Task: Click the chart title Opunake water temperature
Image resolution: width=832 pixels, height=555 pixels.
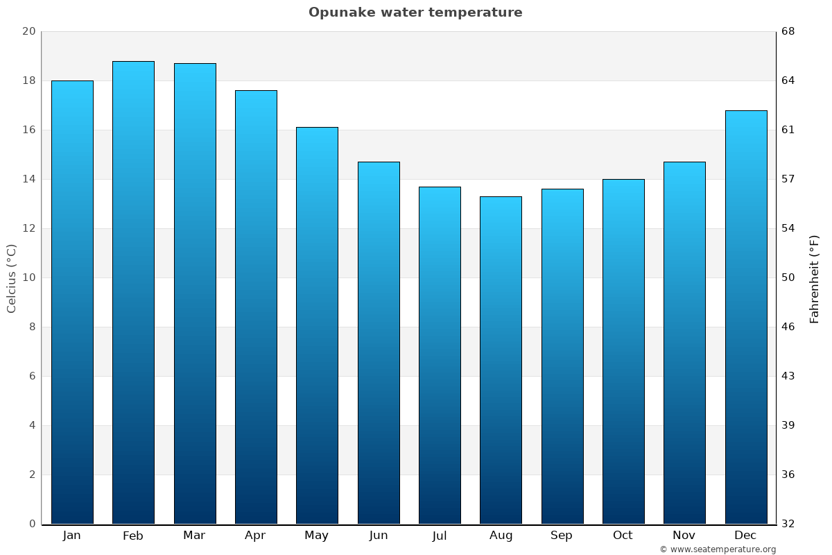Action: (415, 12)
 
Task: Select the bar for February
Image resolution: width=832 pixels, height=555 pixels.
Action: (133, 292)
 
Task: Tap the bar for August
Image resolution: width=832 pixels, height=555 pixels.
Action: (501, 360)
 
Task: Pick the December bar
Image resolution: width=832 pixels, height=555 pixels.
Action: (746, 317)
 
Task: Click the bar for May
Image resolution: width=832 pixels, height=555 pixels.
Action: (317, 325)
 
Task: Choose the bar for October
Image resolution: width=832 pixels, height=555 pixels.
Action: (623, 351)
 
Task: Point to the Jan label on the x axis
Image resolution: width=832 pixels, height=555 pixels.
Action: (71, 536)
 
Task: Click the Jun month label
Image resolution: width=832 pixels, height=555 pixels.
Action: (379, 536)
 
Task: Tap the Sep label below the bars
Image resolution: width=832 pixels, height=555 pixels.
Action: (562, 536)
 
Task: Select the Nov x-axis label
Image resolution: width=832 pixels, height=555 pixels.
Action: (684, 536)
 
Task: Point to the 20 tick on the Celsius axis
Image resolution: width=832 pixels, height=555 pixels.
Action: (28, 32)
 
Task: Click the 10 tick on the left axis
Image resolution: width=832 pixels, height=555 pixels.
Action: (28, 277)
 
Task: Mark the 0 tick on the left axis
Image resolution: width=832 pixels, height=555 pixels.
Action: (32, 524)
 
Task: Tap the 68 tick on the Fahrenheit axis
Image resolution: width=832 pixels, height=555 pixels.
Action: (788, 32)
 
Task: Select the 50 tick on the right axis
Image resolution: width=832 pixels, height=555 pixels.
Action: (788, 277)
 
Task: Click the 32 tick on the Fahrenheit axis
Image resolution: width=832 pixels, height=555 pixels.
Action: (788, 524)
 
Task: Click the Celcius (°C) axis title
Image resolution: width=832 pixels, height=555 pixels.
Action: (12, 278)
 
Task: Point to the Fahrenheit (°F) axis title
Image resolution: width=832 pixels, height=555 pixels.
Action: (814, 278)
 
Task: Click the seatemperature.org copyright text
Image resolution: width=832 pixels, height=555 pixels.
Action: (718, 549)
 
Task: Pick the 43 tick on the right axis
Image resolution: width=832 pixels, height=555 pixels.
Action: (788, 376)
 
